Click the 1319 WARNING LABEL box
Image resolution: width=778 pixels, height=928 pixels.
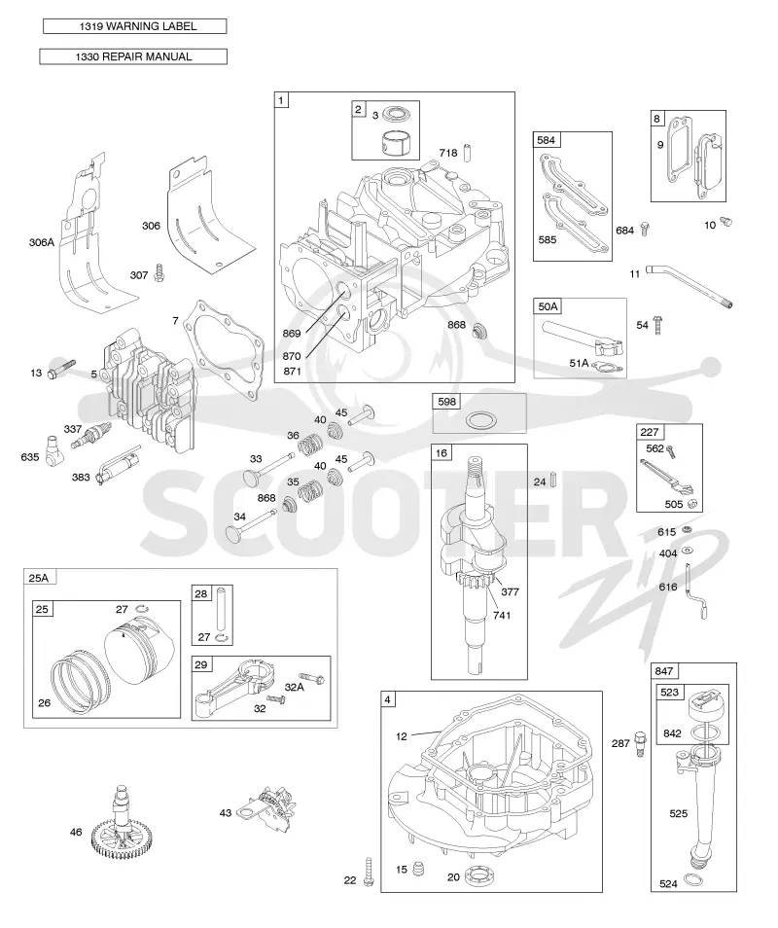135,26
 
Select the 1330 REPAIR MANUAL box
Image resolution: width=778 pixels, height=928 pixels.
133,56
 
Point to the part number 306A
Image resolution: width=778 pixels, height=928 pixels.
42,242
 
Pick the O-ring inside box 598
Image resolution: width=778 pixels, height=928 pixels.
480,421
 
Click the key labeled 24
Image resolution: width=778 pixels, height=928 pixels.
554,479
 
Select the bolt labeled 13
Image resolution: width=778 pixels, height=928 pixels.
61,368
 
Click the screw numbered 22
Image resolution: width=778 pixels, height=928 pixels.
368,872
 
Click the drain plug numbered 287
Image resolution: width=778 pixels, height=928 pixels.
640,744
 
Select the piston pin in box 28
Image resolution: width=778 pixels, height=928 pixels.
221,609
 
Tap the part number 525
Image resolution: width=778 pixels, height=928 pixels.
679,813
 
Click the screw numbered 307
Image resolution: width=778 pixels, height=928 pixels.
159,272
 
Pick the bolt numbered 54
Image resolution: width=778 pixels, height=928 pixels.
658,324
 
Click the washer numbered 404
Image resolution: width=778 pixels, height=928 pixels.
688,551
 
